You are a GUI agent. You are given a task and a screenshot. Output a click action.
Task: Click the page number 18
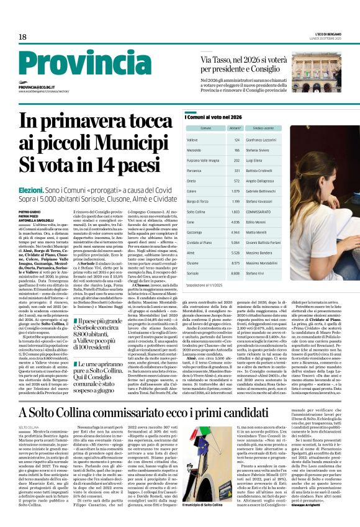pos(22,37)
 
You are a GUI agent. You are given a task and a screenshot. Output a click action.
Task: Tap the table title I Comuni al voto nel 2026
pos(214,117)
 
